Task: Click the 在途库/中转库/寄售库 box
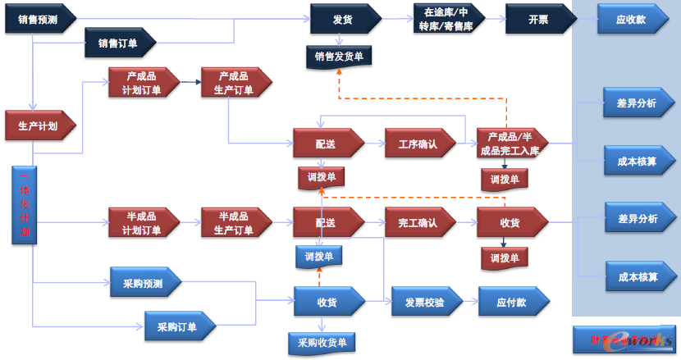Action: [446, 19]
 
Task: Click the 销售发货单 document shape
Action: [339, 57]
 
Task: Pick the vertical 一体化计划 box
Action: [24, 204]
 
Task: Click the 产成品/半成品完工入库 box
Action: [512, 144]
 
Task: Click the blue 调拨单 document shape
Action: [319, 257]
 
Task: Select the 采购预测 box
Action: [144, 284]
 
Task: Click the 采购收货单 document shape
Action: [322, 342]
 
